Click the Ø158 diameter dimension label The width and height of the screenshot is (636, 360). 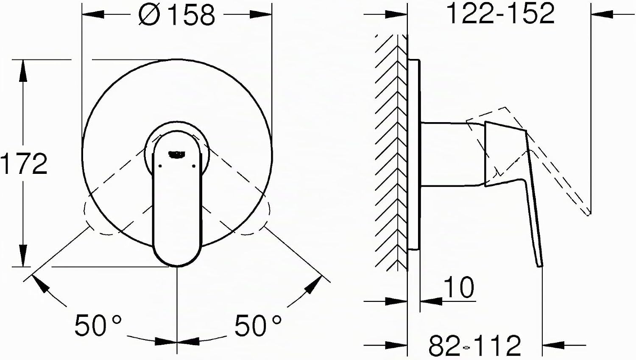pyautogui.click(x=177, y=15)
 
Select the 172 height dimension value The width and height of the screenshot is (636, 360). pyautogui.click(x=24, y=164)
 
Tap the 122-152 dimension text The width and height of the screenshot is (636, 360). pyautogui.click(x=501, y=13)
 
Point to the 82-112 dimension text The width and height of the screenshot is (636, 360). pyautogui.click(x=475, y=346)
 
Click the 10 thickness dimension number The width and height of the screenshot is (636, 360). pyautogui.click(x=458, y=287)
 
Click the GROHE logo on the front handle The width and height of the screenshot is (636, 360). pyautogui.click(x=177, y=154)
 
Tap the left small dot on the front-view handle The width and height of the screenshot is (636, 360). pyautogui.click(x=160, y=166)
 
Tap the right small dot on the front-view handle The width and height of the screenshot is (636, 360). pyautogui.click(x=194, y=166)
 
